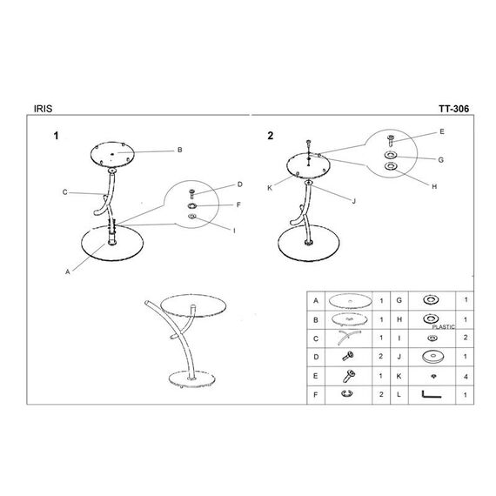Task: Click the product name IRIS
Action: point(43,109)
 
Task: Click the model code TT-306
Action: point(453,109)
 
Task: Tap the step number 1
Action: point(56,136)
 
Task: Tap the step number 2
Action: point(270,136)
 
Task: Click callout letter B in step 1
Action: point(179,150)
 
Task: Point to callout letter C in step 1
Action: point(65,192)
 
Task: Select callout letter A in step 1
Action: point(67,271)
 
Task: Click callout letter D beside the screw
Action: point(240,184)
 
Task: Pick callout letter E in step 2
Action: point(442,131)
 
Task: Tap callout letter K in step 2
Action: point(270,188)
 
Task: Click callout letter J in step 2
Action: point(354,201)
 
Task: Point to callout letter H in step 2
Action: point(434,186)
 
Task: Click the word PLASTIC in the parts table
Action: point(443,327)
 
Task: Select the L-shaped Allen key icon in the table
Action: point(431,395)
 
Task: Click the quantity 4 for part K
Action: point(466,377)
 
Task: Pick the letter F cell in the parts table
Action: point(315,395)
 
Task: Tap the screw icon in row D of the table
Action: point(348,357)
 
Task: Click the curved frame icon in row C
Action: point(348,336)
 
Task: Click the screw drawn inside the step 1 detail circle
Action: point(191,194)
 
